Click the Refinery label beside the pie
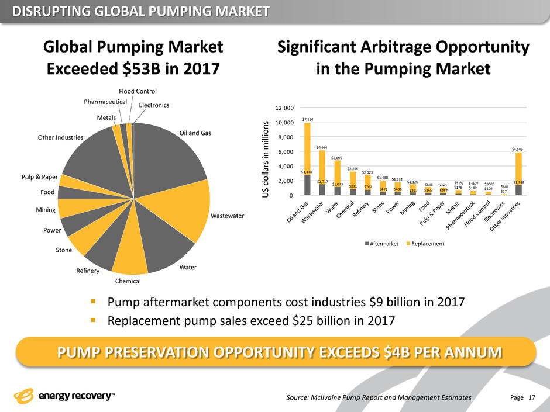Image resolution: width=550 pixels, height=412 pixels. point(88,271)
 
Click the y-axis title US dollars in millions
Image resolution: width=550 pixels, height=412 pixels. point(265,155)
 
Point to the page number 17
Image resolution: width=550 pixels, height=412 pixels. point(532,397)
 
